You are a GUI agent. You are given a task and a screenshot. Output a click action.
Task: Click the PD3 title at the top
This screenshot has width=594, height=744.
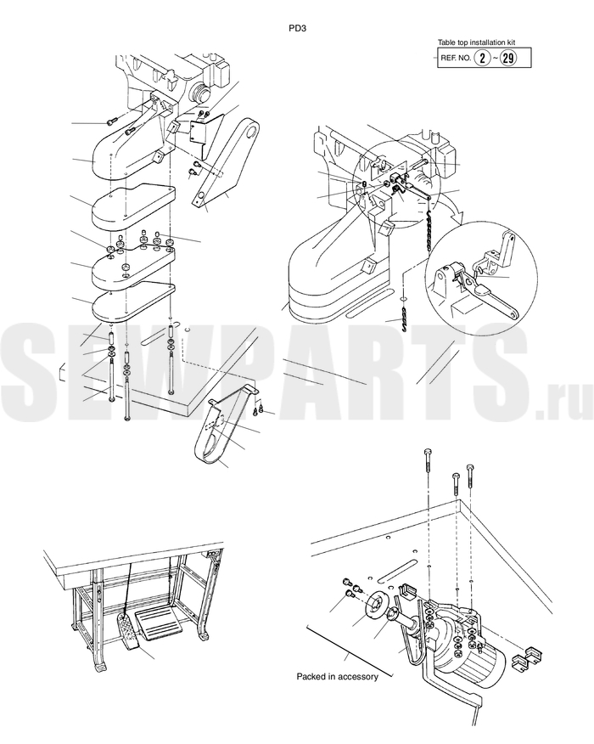coord(298,28)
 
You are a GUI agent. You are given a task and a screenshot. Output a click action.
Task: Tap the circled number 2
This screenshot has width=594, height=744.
coord(483,58)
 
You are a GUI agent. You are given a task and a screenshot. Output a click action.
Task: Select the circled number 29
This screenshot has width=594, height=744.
coord(507,58)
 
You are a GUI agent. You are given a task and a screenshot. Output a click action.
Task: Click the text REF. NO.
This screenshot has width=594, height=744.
coord(456,59)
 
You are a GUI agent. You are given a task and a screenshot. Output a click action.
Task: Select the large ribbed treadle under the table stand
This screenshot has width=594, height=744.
coord(159,626)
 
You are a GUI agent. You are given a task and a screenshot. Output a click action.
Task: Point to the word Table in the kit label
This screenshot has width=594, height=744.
coord(445,42)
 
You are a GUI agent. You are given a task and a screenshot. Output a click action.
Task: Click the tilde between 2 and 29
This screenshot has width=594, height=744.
coord(496,59)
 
